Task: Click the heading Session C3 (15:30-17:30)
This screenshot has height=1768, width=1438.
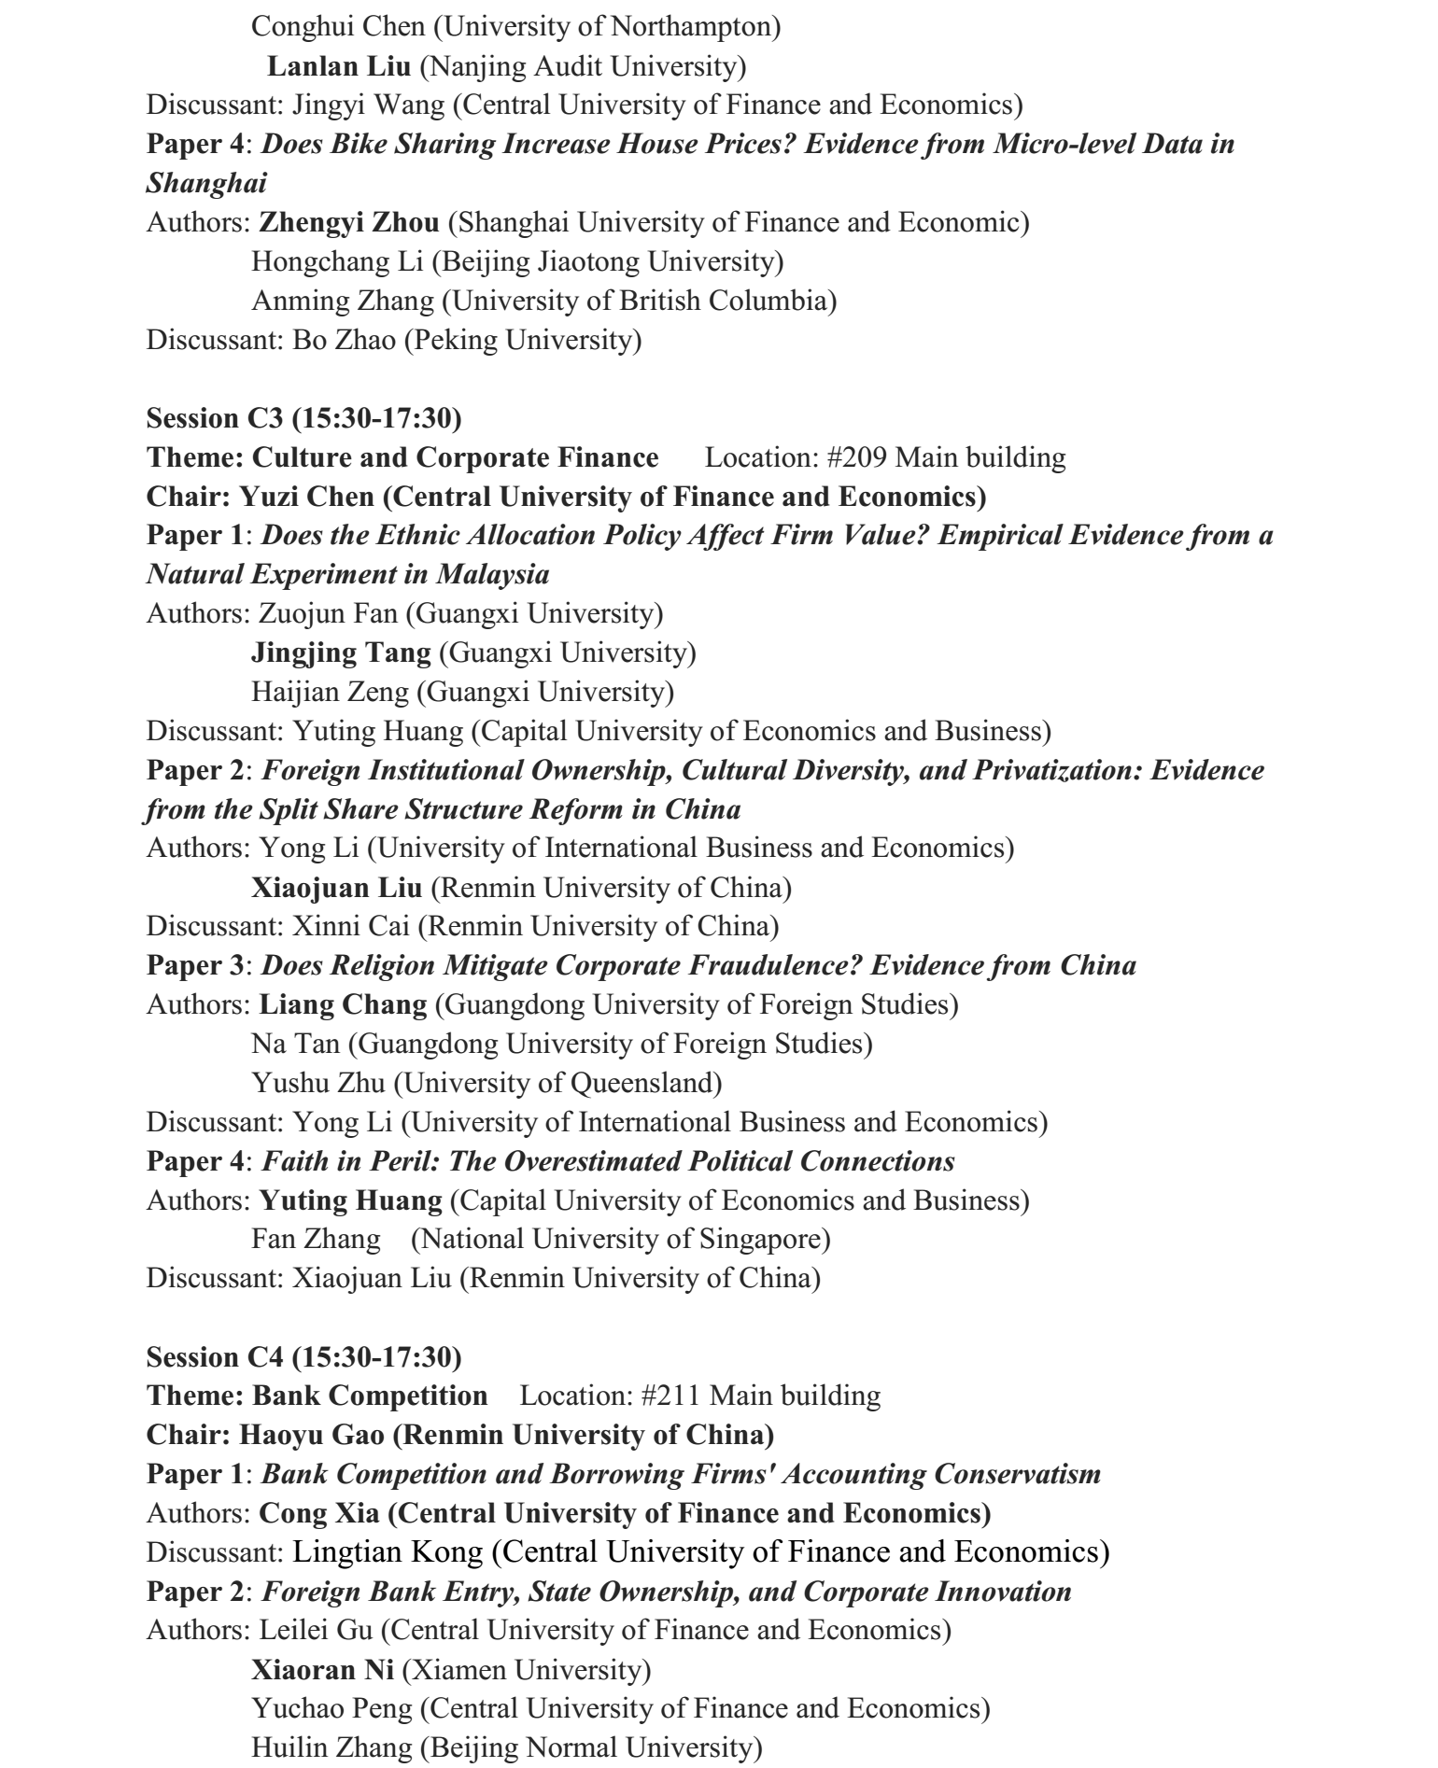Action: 303,418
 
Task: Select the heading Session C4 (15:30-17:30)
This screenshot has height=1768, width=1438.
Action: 303,1356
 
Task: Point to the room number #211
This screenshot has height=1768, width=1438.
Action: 671,1396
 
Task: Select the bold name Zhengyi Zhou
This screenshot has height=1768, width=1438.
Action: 349,222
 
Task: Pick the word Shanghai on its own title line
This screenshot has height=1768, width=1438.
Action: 206,183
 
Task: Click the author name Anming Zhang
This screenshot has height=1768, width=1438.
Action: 343,301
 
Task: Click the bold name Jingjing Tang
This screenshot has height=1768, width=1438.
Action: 341,652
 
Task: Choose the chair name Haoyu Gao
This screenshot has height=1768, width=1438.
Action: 311,1435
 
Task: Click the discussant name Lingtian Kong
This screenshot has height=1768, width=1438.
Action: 388,1552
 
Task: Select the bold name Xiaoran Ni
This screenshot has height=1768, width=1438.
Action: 322,1669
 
